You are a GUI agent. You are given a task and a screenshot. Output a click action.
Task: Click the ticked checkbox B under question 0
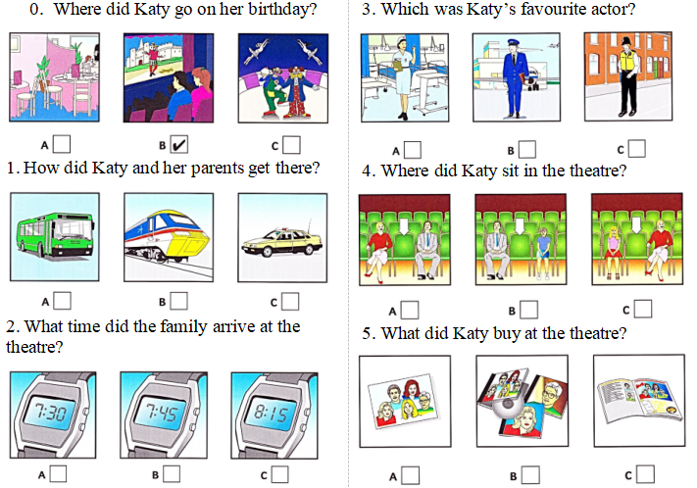pos(179,144)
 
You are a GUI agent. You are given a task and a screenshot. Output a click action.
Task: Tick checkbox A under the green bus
pos(62,301)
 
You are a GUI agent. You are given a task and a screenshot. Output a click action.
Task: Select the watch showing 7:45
pos(164,415)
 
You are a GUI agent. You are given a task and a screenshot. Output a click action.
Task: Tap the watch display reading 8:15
pos(271,415)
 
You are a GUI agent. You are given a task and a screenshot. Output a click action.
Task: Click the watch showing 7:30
pos(53,415)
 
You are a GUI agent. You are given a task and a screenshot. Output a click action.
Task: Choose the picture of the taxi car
pos(282,238)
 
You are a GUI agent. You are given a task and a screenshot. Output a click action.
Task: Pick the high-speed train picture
pos(169,237)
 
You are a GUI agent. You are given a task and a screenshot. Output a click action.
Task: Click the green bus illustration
pos(55,237)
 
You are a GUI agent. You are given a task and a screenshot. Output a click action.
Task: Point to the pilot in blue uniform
pos(515,78)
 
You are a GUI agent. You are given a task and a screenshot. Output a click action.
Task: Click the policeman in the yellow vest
pos(628,76)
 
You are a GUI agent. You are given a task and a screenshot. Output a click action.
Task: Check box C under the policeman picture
pos(637,149)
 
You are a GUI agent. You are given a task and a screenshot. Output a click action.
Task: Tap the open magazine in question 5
pos(640,400)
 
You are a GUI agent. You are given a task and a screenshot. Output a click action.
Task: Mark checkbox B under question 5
pos(531,475)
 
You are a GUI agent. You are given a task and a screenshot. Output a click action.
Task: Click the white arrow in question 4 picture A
pos(404,225)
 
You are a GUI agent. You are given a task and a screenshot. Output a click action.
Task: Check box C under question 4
pos(643,309)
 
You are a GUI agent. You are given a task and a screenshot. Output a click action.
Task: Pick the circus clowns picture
pos(283,78)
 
